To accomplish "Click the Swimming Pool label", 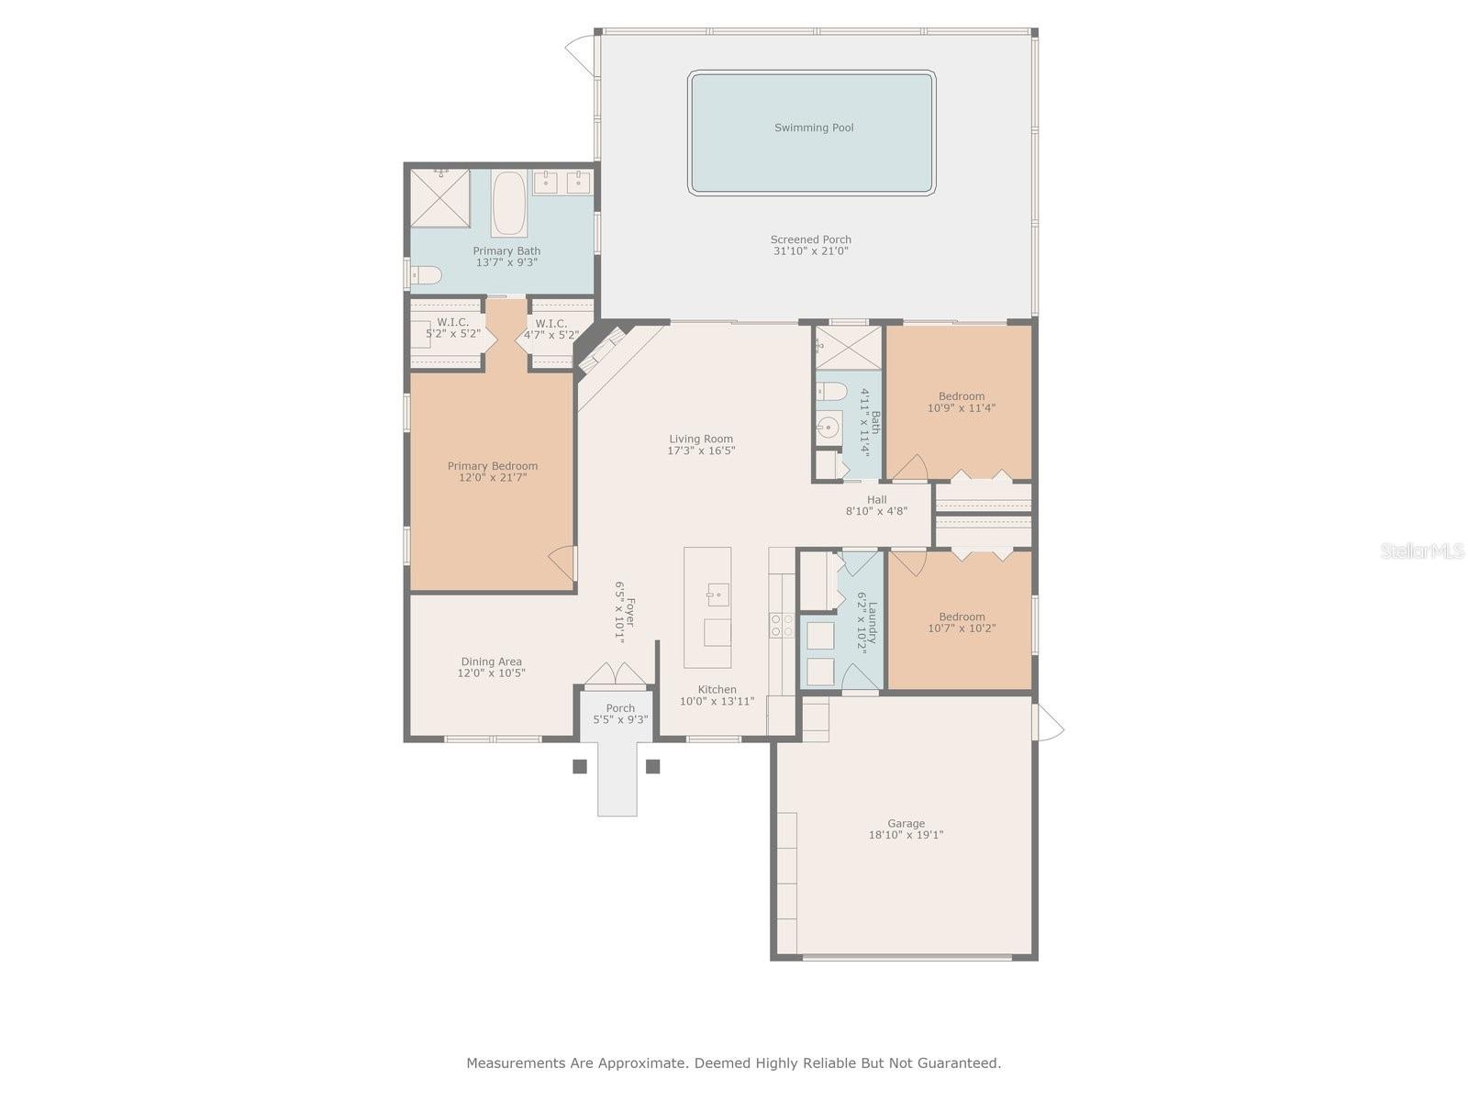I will [814, 128].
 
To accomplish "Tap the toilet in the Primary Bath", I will [426, 274].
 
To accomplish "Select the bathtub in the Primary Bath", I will [508, 203].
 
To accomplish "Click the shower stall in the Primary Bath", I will [439, 197].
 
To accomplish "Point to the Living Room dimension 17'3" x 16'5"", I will [701, 450].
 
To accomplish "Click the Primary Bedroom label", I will [493, 466].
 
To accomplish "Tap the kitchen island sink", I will [717, 595].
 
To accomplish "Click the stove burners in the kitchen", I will [782, 626].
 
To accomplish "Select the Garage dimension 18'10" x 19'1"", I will [906, 835].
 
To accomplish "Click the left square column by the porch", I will [580, 766].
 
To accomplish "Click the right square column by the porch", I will [653, 766].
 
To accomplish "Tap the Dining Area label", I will [491, 662].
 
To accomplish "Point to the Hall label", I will [876, 500].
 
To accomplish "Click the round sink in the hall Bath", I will [829, 427].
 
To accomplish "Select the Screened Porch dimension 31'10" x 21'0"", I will [811, 250].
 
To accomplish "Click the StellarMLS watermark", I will [1421, 550].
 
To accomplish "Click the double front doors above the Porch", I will [616, 674].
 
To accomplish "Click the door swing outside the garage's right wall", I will [1048, 721].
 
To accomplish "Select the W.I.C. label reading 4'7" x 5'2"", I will [550, 335].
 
